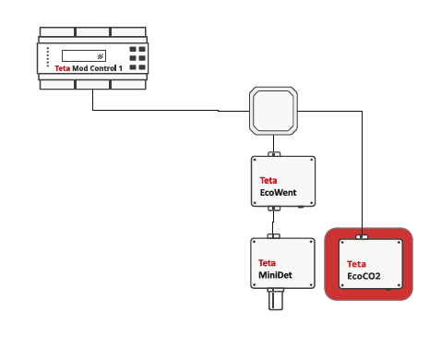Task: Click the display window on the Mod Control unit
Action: pos(84,56)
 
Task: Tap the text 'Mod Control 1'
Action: pos(97,68)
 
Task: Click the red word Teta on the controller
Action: pos(63,68)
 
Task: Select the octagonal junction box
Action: pos(273,111)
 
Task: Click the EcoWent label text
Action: pos(279,193)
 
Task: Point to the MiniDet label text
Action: pos(275,275)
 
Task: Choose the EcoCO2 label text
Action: pos(364,276)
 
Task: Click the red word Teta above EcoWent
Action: pos(268,180)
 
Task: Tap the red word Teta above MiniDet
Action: pos(267,263)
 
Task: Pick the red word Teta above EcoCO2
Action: pos(356,264)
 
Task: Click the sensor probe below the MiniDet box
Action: pos(275,299)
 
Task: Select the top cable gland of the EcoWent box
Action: pos(274,154)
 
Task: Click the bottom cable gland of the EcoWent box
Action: pos(274,209)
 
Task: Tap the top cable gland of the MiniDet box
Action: pos(273,236)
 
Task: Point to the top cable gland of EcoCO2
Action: pos(362,237)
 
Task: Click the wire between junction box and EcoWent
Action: pos(273,143)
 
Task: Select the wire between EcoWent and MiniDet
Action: pos(273,222)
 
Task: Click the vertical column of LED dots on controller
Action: pos(48,57)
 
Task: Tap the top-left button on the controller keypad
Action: pos(133,49)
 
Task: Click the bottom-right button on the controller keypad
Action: pos(142,67)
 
